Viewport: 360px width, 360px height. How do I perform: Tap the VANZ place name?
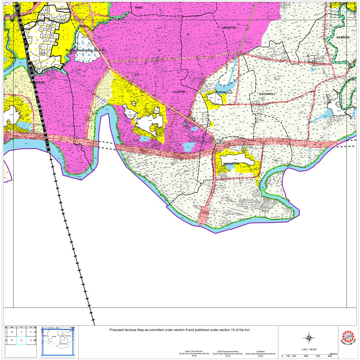pyautogui.click(x=138, y=8)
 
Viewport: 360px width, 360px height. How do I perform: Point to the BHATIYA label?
pyautogui.click(x=230, y=28)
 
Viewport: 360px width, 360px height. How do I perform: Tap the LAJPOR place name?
pyautogui.click(x=180, y=92)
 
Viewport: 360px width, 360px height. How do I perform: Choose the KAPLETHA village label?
pyautogui.click(x=232, y=164)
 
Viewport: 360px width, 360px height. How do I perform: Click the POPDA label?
pyautogui.click(x=221, y=92)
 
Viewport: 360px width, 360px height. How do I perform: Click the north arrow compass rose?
pyautogui.click(x=309, y=337)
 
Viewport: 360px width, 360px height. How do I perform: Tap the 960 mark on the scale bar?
pyautogui.click(x=330, y=356)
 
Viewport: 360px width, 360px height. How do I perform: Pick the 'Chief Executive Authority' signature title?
pyautogui.click(x=227, y=351)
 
